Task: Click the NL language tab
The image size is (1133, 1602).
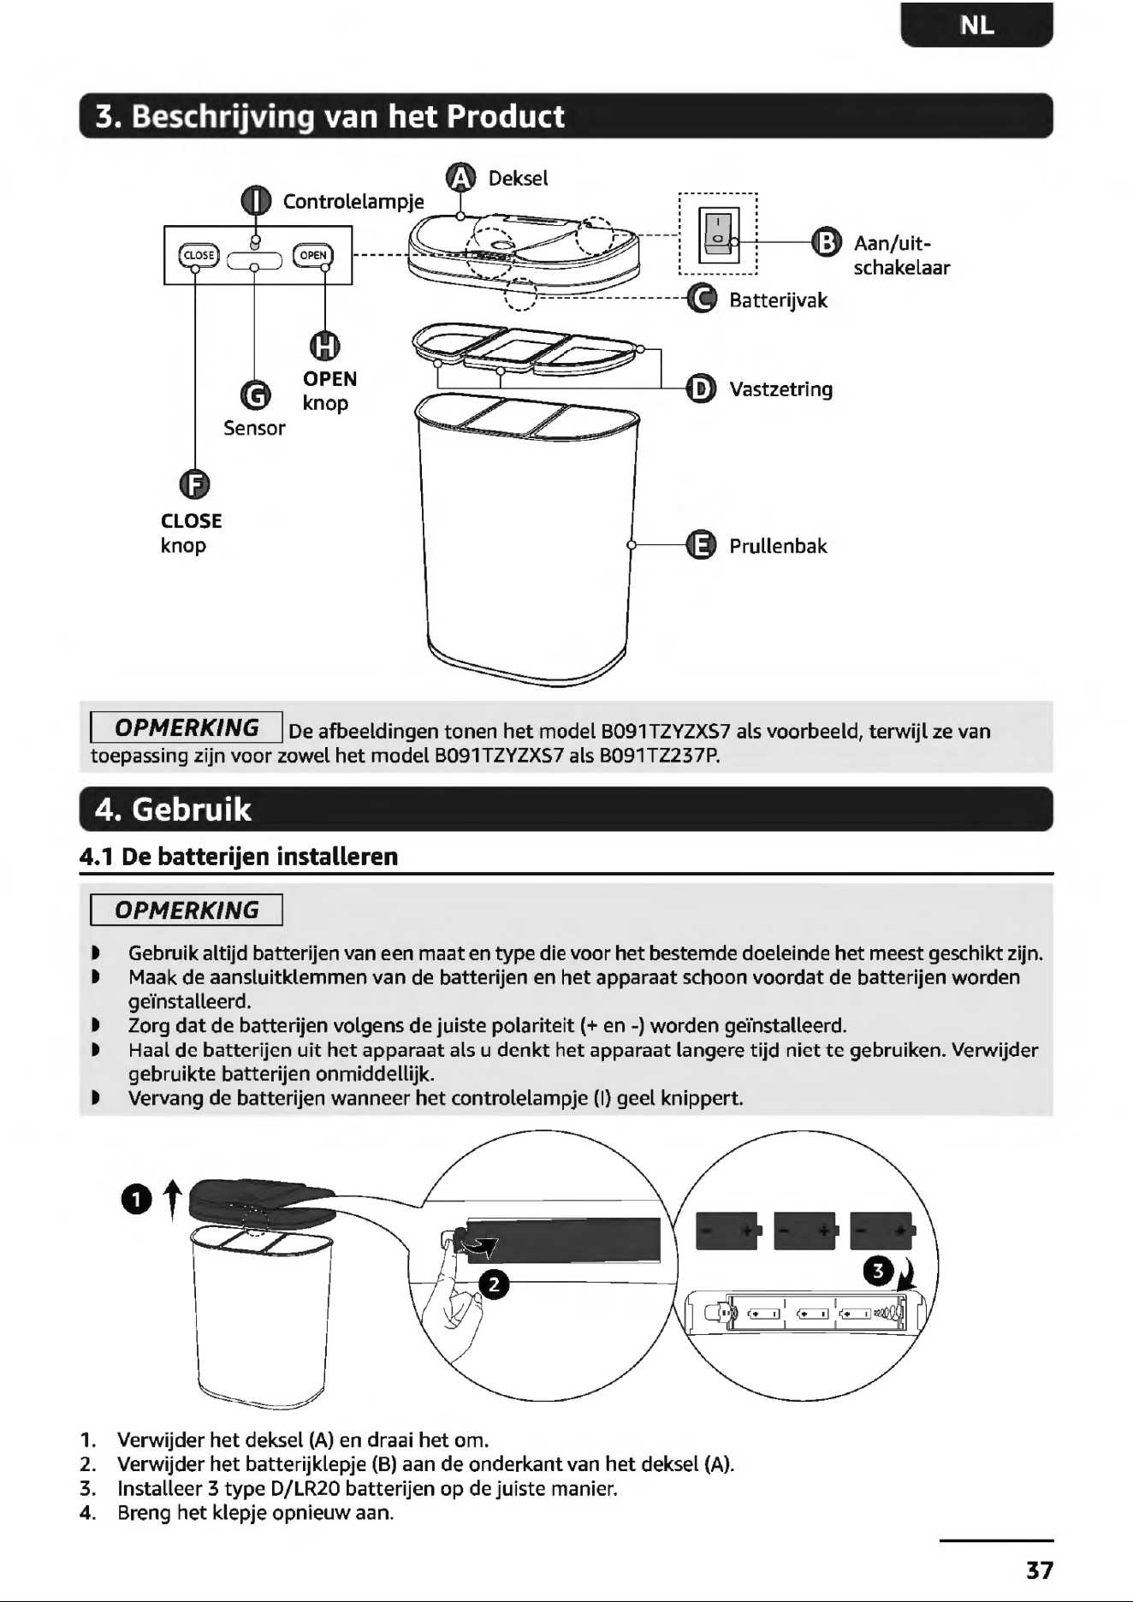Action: [976, 25]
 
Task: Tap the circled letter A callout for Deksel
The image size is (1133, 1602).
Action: [461, 177]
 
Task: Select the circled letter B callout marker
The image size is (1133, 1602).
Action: [826, 242]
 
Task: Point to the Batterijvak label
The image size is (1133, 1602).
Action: [778, 300]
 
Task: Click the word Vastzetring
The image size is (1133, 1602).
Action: [780, 389]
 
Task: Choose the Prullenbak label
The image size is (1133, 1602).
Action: [778, 546]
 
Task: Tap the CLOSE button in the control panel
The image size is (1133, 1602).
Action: [199, 255]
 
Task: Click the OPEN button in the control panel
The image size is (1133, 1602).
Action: [313, 255]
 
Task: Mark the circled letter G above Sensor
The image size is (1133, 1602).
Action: [255, 396]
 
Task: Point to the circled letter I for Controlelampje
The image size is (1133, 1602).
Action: [256, 201]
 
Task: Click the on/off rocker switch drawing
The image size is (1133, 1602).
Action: [719, 234]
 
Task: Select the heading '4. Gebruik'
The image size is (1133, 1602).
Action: [173, 809]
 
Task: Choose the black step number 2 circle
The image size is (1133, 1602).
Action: [494, 1284]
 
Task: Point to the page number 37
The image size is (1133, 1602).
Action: [1040, 1570]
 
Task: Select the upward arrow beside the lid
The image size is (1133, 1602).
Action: [173, 1199]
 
